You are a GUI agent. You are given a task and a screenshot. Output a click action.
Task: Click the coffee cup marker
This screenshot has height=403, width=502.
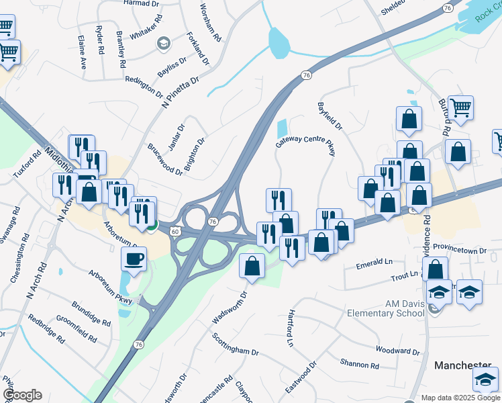[134, 259]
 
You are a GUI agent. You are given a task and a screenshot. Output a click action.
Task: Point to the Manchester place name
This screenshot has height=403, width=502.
[463, 365]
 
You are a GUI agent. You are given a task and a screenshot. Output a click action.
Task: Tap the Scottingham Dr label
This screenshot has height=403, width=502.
[236, 343]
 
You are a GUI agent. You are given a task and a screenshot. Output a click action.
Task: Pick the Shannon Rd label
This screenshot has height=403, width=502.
[359, 364]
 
